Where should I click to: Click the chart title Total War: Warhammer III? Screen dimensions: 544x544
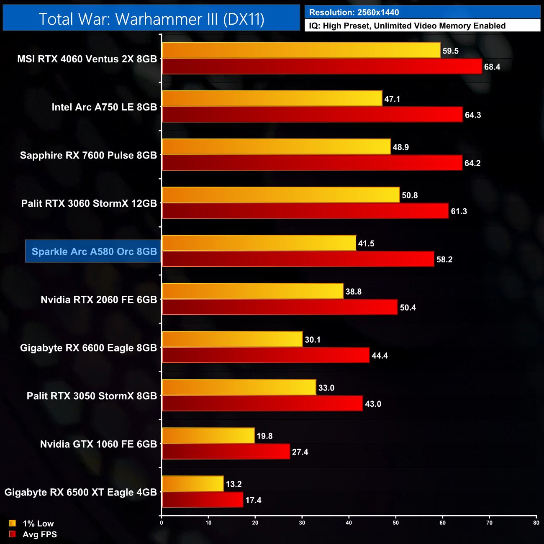coord(151,19)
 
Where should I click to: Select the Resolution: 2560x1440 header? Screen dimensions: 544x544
coord(354,13)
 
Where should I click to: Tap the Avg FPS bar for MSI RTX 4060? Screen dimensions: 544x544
coord(322,67)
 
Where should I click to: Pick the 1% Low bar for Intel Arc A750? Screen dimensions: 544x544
coord(272,99)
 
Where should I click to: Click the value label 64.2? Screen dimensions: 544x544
coord(472,163)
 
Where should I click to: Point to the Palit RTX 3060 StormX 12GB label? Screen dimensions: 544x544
coord(89,203)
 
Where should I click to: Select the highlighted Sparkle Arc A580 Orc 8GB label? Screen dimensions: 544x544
coord(93,251)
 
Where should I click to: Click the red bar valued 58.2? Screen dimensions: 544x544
coord(298,259)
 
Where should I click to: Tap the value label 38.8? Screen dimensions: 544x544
coord(354,292)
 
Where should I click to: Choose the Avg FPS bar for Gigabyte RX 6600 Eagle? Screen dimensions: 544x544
coord(266,355)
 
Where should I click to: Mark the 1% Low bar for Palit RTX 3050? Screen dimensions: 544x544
coord(239,387)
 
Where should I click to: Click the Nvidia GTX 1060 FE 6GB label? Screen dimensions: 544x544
coord(98,444)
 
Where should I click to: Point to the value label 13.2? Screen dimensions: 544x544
coord(234,484)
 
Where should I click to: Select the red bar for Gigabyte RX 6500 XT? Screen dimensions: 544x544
coord(202,500)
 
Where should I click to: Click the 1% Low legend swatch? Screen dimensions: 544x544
coord(13,523)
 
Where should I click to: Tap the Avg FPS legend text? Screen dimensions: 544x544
coord(40,534)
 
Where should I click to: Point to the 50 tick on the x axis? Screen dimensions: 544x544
coord(396,523)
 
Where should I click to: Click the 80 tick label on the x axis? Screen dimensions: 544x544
coord(536,523)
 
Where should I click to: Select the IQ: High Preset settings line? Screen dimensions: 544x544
coord(407,26)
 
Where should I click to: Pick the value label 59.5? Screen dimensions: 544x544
coord(450,51)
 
